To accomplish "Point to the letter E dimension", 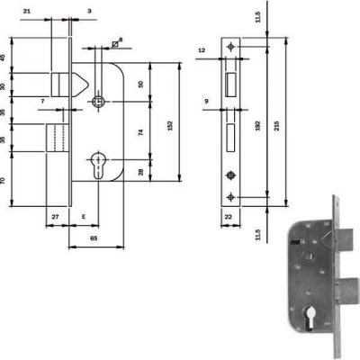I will pos(84,217).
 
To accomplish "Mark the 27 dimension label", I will pos(55,217).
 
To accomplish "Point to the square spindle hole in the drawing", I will pos(99,103).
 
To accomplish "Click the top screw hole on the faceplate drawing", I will pos(231,46).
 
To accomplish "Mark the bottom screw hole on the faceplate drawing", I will pos(231,196).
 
